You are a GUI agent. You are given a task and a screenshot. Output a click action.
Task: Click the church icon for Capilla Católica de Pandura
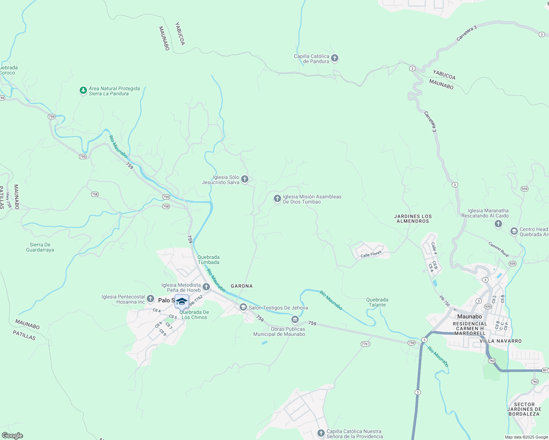(334, 58)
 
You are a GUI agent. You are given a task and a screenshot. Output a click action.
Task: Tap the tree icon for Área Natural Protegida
(83, 90)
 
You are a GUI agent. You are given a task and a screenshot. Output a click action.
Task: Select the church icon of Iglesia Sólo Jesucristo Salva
(245, 179)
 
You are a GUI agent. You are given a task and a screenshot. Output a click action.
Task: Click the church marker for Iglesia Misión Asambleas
(277, 199)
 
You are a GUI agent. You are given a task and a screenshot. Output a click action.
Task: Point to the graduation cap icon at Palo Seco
(182, 301)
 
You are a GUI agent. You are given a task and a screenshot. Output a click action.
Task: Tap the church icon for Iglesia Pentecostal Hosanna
(150, 299)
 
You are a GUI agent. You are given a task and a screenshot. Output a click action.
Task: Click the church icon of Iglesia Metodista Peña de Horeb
(206, 287)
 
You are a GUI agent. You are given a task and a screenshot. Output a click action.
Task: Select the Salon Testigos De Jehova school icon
(243, 307)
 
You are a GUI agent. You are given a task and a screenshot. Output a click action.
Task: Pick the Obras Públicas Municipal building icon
(295, 320)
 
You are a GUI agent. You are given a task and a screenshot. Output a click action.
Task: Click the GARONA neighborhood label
(241, 286)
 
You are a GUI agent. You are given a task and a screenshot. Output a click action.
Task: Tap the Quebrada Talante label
(377, 302)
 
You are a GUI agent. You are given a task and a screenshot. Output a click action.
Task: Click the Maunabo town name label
(469, 316)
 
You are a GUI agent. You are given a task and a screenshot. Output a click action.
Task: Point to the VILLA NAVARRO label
(501, 341)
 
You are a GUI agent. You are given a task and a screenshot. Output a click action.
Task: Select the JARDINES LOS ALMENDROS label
(413, 219)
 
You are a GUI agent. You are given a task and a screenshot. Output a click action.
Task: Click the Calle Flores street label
(371, 254)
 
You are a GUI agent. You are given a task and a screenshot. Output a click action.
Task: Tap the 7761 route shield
(366, 344)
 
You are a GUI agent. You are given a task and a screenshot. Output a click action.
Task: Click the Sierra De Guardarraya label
(40, 247)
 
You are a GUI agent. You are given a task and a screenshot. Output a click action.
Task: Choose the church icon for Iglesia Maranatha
(498, 224)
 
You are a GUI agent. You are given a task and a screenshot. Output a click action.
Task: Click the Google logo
(12, 436)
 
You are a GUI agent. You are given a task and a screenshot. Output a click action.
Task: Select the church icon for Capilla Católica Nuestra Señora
(321, 433)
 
